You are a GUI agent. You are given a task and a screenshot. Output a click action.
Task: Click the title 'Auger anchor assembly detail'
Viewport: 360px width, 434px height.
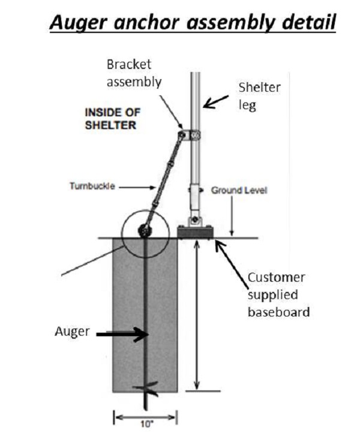193,23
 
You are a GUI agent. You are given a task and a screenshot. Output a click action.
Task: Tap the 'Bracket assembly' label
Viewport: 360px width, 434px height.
134,73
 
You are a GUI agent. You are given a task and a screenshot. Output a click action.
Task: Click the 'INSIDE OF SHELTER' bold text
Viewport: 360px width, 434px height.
110,119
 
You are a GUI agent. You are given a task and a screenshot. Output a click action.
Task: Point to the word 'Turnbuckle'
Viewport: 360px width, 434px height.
91,186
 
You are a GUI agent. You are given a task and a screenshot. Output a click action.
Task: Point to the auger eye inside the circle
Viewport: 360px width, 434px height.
145,230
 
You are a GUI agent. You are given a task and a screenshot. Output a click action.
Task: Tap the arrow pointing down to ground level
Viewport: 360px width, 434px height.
232,216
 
